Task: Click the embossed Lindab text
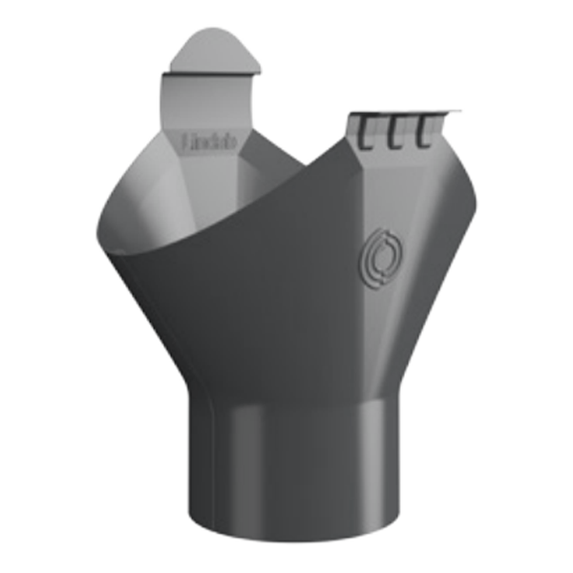coord(210,143)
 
